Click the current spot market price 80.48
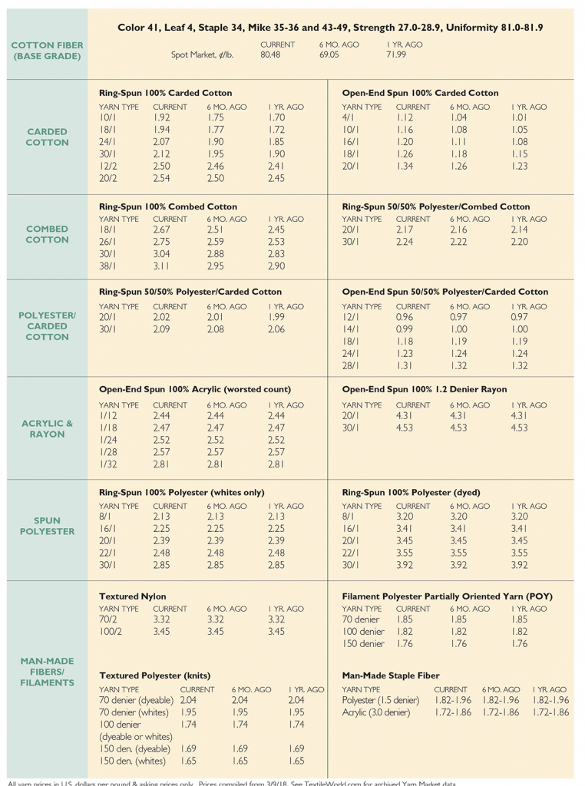click(x=270, y=55)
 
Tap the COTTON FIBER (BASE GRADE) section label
click(x=48, y=51)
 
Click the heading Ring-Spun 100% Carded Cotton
click(x=166, y=93)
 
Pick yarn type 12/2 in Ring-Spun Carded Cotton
click(x=107, y=167)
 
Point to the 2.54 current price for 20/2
click(x=161, y=178)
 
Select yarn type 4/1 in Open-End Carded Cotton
click(x=348, y=118)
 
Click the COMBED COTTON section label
click(x=48, y=234)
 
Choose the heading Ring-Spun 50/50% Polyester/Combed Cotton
click(x=435, y=206)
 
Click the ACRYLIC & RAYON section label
click(x=48, y=428)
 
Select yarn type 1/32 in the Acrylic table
click(x=108, y=464)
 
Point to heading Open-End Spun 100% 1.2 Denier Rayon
click(x=424, y=389)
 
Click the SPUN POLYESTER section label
click(x=48, y=526)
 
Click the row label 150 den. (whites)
click(x=134, y=761)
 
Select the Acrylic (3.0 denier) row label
click(x=376, y=713)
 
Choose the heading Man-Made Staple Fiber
click(x=391, y=675)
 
